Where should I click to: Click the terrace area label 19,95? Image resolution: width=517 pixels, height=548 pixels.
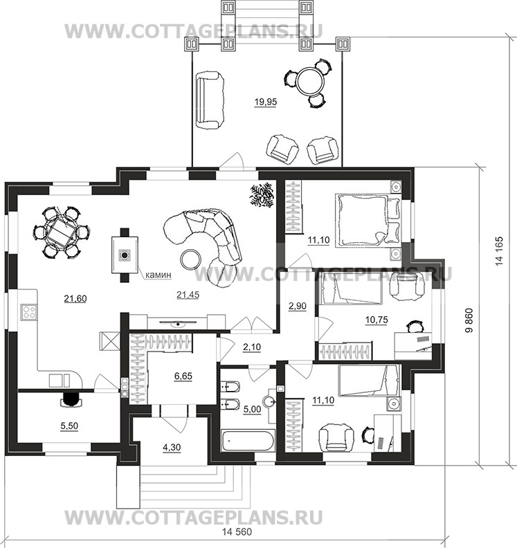tap(266, 102)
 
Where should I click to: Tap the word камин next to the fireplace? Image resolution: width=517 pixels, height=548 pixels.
tap(158, 275)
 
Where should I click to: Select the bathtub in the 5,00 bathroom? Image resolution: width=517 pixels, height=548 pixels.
tap(249, 441)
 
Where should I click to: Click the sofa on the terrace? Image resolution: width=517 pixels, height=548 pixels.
tap(209, 100)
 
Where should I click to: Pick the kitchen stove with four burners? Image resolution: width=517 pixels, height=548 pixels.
tap(28, 311)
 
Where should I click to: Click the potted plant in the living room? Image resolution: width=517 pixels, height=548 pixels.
tap(261, 196)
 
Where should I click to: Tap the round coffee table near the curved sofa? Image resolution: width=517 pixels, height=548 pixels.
tap(190, 259)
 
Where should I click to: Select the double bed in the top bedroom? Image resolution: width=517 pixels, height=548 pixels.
tap(368, 221)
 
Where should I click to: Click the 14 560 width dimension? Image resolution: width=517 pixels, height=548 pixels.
tap(237, 532)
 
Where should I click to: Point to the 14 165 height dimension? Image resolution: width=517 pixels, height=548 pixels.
tap(499, 251)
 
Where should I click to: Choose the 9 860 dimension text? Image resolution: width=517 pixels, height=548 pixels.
tap(469, 320)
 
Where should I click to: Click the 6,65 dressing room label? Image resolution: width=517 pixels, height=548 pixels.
tap(183, 376)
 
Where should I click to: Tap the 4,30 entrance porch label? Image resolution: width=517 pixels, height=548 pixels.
tap(172, 448)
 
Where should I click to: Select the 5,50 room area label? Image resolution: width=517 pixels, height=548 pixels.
tap(69, 426)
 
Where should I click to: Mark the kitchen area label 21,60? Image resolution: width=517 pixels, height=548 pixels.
tap(75, 299)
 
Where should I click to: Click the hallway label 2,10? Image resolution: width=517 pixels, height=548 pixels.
tap(252, 347)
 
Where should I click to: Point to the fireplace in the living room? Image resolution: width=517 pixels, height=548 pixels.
tap(125, 255)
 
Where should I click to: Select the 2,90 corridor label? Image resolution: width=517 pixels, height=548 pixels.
tap(298, 306)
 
